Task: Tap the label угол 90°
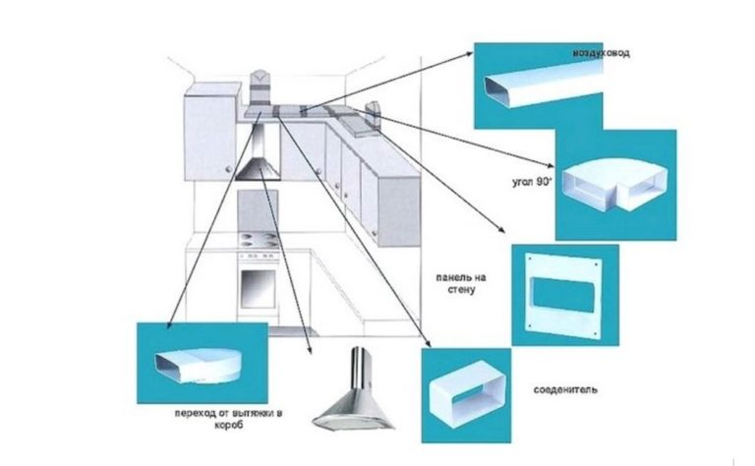click(x=537, y=182)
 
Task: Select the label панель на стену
click(x=460, y=285)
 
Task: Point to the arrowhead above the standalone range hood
click(x=311, y=352)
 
